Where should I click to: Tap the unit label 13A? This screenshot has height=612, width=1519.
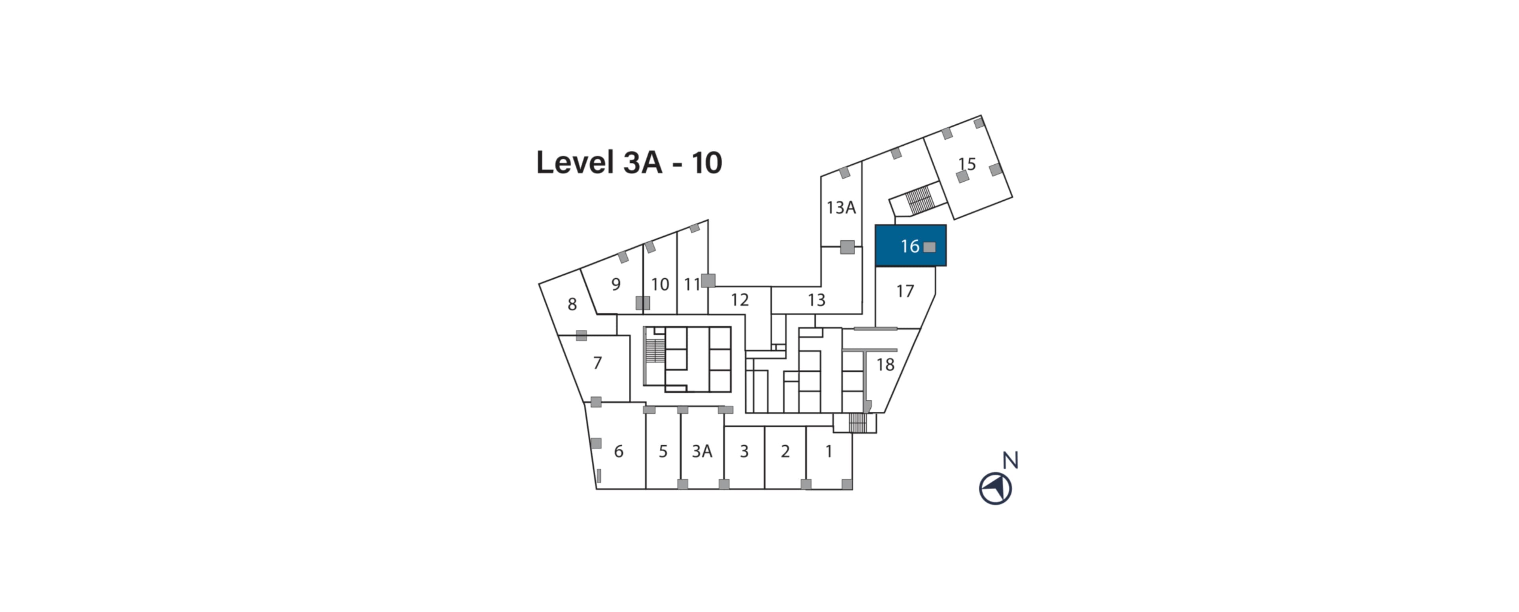click(841, 208)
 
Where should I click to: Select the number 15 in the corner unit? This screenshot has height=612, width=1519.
click(967, 163)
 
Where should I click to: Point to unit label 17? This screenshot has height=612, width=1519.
click(905, 291)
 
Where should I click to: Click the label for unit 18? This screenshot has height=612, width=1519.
click(885, 365)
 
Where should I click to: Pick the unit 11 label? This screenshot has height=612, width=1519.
click(692, 285)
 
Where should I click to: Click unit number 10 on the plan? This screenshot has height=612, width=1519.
click(660, 285)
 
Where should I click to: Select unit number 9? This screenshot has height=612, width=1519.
click(616, 285)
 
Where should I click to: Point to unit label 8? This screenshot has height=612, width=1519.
click(572, 304)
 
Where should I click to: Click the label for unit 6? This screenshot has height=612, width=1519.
click(619, 451)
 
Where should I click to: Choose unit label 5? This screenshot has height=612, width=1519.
click(663, 451)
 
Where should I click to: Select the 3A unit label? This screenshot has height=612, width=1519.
click(702, 451)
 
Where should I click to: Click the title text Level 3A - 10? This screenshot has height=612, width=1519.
click(629, 162)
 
